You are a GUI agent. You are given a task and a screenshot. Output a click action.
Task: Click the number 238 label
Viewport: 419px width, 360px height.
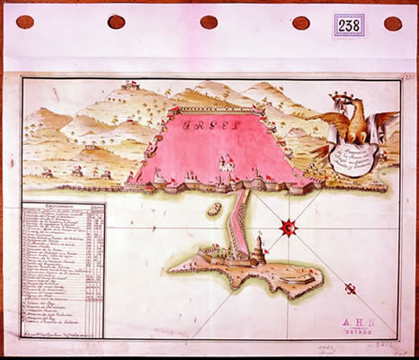point(348,24)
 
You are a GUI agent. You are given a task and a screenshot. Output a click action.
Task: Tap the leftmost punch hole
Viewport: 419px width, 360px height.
point(25,22)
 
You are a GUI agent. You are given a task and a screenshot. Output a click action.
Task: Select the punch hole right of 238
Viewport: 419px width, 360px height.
point(393,23)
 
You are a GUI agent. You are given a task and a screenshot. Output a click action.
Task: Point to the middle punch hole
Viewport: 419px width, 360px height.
point(209,22)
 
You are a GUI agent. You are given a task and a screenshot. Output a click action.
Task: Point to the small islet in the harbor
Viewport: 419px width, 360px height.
point(214,210)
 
